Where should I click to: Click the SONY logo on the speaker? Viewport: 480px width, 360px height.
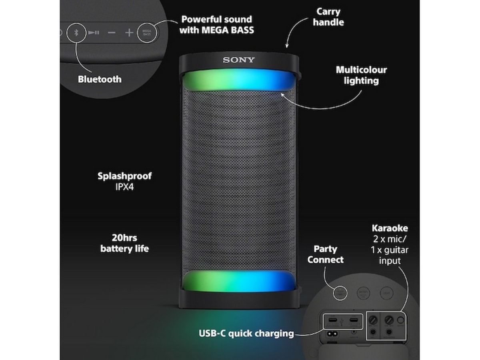(238, 60)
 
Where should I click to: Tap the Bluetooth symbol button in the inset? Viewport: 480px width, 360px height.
(76, 32)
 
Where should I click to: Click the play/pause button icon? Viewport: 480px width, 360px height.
(94, 32)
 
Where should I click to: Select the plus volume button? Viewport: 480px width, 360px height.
(129, 32)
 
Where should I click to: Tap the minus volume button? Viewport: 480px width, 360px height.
(112, 32)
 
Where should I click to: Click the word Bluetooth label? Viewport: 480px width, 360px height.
(100, 79)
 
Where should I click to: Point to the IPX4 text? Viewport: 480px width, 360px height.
(124, 186)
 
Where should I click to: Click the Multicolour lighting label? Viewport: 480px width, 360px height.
(361, 75)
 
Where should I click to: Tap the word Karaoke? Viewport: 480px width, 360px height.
(390, 228)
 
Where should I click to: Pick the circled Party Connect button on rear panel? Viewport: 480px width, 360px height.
(340, 292)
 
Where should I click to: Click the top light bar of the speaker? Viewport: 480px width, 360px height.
(239, 82)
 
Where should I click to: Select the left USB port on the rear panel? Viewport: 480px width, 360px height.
(333, 321)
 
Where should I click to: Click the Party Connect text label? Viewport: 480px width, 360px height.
(325, 254)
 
